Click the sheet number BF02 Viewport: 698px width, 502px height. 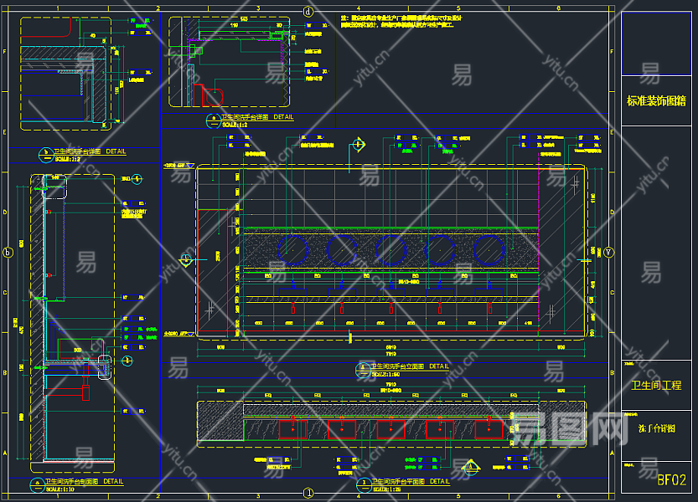(671, 480)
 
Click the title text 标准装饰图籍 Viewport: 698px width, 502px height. (656, 101)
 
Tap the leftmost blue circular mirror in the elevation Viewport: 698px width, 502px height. (293, 249)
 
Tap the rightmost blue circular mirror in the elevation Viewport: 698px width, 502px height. (488, 249)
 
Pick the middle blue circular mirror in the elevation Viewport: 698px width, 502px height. (391, 249)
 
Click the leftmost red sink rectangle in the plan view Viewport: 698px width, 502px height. (293, 430)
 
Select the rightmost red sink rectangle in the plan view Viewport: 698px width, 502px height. (489, 430)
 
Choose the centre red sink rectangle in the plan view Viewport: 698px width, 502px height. (391, 430)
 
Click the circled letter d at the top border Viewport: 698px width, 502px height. (308, 12)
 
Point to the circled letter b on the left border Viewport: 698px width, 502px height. (9, 252)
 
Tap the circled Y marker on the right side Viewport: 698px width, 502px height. (608, 252)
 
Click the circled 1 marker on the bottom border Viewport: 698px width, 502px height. (308, 494)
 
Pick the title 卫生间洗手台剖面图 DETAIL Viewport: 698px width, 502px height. (84, 482)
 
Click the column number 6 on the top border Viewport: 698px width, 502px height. (558, 7)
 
